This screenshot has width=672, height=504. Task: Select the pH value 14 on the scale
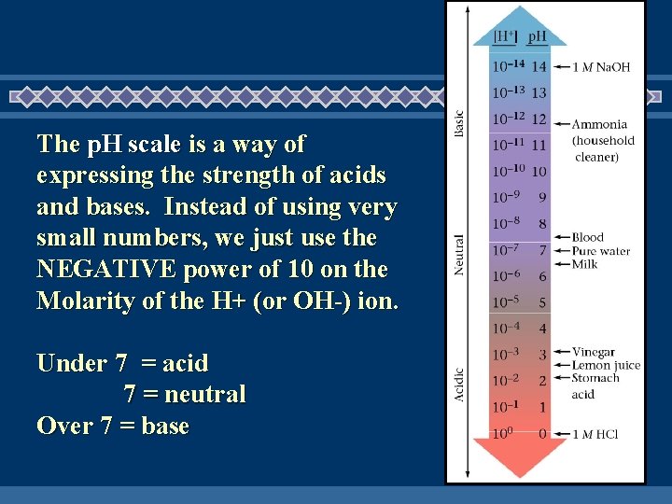(x=539, y=66)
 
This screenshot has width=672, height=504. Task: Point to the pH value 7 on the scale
(x=542, y=250)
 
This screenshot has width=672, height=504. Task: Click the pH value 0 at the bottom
(x=542, y=434)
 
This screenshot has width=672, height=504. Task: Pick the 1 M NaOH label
(x=601, y=67)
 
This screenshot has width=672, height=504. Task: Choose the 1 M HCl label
(x=597, y=434)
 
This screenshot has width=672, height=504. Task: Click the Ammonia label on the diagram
(x=599, y=124)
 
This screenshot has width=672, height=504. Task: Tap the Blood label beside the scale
(x=588, y=237)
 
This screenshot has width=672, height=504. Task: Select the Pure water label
(x=601, y=251)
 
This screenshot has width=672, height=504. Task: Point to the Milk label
(x=585, y=264)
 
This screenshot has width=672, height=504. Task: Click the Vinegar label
(x=594, y=352)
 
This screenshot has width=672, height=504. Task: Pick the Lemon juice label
(x=606, y=365)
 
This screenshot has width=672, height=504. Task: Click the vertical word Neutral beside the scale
(x=458, y=254)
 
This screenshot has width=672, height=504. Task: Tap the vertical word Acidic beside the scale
(x=458, y=383)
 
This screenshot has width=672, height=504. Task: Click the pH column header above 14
(x=538, y=37)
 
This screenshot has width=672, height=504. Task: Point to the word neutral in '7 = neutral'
(x=204, y=395)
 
